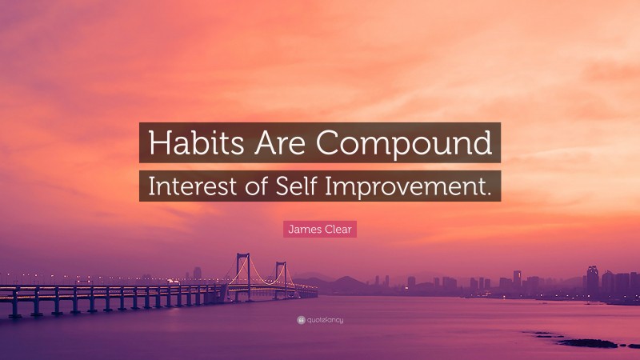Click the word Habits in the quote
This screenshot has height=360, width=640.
(x=189, y=143)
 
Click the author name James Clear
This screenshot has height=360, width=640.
(x=320, y=230)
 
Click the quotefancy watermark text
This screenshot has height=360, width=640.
(x=324, y=320)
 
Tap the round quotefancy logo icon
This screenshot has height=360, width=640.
(x=301, y=320)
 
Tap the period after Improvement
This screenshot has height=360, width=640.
(x=486, y=192)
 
